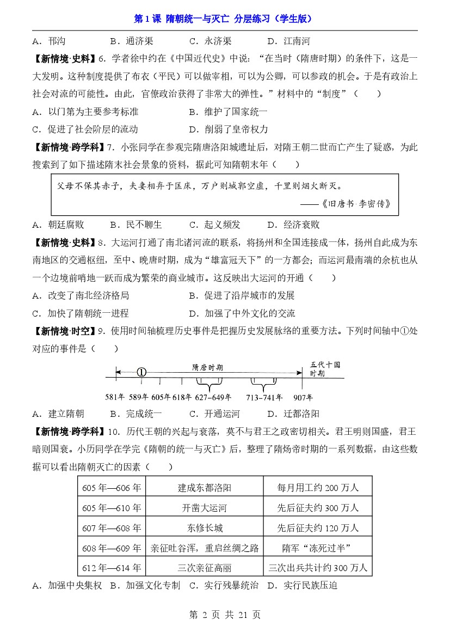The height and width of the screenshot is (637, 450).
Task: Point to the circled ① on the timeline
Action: click(x=141, y=372)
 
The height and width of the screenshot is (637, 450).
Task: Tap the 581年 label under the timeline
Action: click(x=115, y=397)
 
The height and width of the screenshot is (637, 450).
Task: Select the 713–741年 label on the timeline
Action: click(x=264, y=397)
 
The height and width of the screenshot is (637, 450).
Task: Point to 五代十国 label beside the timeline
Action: click(x=325, y=365)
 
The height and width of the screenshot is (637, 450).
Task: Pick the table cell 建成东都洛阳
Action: click(x=205, y=487)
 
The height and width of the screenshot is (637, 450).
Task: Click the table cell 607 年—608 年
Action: click(x=112, y=527)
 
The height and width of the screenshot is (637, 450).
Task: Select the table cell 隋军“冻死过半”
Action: click(x=316, y=548)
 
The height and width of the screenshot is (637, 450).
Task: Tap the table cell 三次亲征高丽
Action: click(x=205, y=568)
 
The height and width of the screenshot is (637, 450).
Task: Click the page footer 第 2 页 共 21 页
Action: click(x=224, y=615)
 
